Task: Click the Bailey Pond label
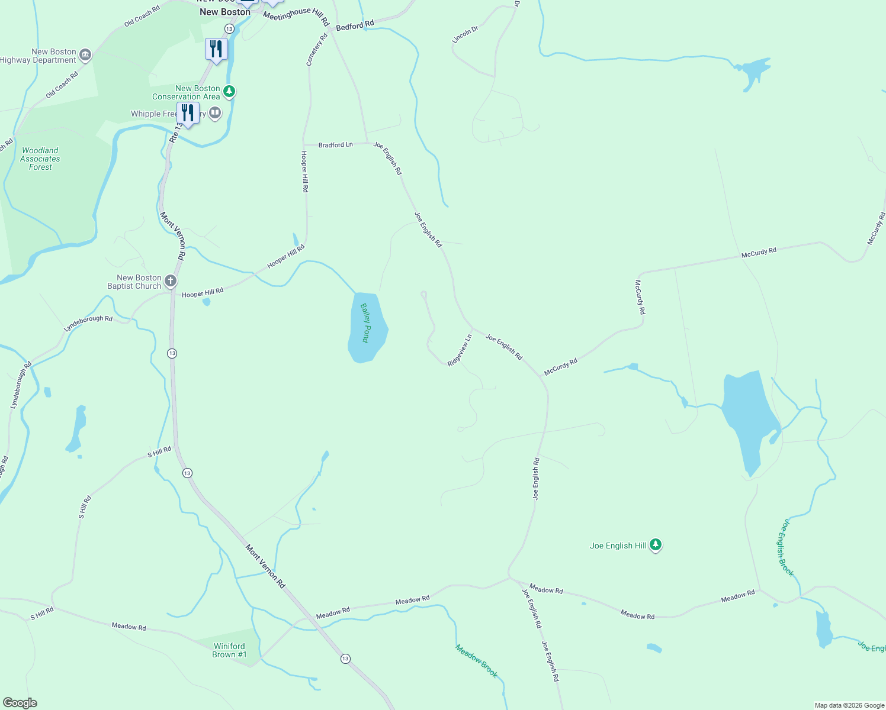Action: point(366,323)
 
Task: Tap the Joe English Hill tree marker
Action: point(655,545)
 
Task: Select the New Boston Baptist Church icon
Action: point(171,281)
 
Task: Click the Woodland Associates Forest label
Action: point(40,159)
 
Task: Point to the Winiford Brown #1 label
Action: point(229,650)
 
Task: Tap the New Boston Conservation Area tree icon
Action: point(229,92)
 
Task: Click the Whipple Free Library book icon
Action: point(215,112)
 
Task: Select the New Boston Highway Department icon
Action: point(85,56)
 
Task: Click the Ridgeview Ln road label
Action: point(460,350)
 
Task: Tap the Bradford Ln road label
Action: point(335,145)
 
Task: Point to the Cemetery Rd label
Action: point(317,50)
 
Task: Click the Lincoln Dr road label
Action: point(465,35)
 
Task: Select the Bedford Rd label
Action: point(355,26)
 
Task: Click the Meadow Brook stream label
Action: point(476,661)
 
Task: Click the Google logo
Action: point(20,703)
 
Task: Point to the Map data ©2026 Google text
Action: point(849,705)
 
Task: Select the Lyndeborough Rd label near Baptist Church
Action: point(88,323)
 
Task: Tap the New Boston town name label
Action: point(225,12)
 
